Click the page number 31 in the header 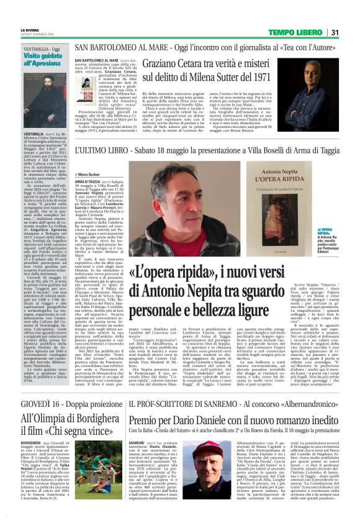[x=334, y=33]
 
